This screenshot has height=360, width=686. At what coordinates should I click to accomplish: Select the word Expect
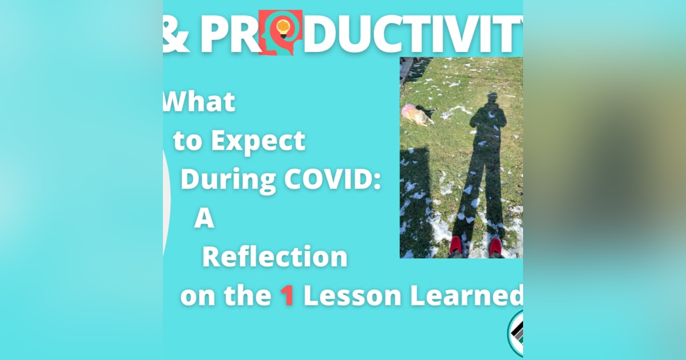tap(259, 141)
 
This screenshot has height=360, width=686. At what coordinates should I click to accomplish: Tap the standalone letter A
tap(204, 219)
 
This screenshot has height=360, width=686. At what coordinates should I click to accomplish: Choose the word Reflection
tap(274, 258)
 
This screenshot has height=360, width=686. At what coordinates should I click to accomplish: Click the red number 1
tap(287, 296)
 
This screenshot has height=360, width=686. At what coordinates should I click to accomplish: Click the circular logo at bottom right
tap(516, 334)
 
